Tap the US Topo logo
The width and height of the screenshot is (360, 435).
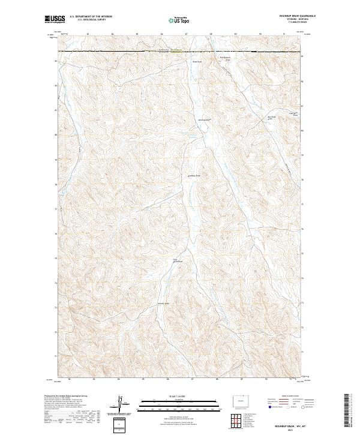tap(179, 20)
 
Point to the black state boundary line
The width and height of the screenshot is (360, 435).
tap(180, 52)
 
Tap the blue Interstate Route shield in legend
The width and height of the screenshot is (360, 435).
tap(269, 407)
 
